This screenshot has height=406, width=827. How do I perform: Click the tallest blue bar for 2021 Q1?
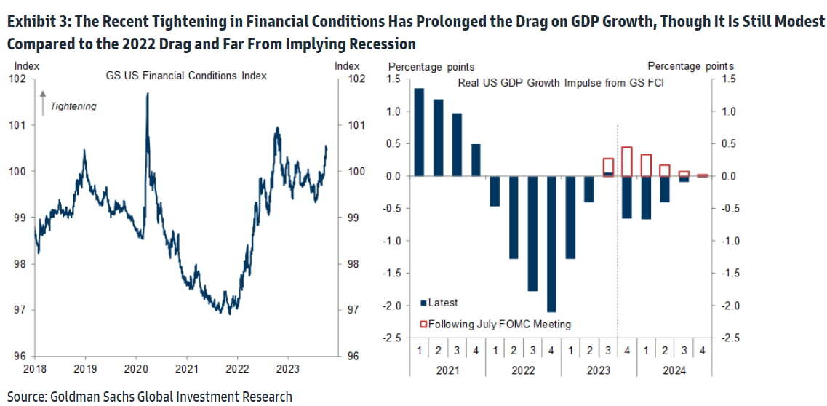pyautogui.click(x=419, y=132)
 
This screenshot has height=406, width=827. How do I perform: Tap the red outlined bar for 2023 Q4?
pyautogui.click(x=627, y=161)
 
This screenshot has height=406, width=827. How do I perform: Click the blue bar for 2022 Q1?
pyautogui.click(x=495, y=191)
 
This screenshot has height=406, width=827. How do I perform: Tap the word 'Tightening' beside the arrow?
pyautogui.click(x=73, y=106)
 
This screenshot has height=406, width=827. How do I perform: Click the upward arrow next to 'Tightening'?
pyautogui.click(x=43, y=102)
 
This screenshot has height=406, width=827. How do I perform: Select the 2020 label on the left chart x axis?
pyautogui.click(x=137, y=370)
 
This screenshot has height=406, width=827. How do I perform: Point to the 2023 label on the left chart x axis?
pyautogui.click(x=288, y=370)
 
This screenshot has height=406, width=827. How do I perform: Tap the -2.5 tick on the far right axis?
pyautogui.click(x=730, y=338)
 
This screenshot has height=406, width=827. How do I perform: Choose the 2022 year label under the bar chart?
pyautogui.click(x=523, y=370)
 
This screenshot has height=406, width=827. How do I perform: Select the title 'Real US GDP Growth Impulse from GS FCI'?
pyautogui.click(x=561, y=83)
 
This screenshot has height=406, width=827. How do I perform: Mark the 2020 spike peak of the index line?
pyautogui.click(x=148, y=94)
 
